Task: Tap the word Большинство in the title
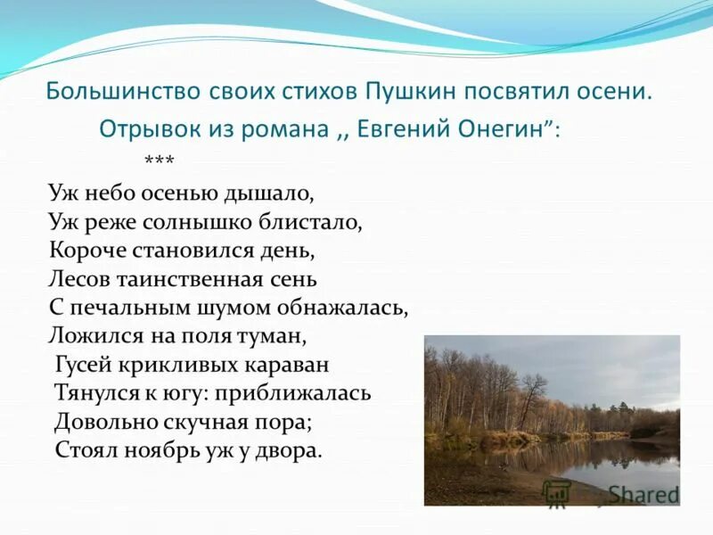coord(109,92)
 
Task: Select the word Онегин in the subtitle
coord(504,128)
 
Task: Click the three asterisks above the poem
coord(159,161)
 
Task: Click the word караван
coord(285,365)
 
